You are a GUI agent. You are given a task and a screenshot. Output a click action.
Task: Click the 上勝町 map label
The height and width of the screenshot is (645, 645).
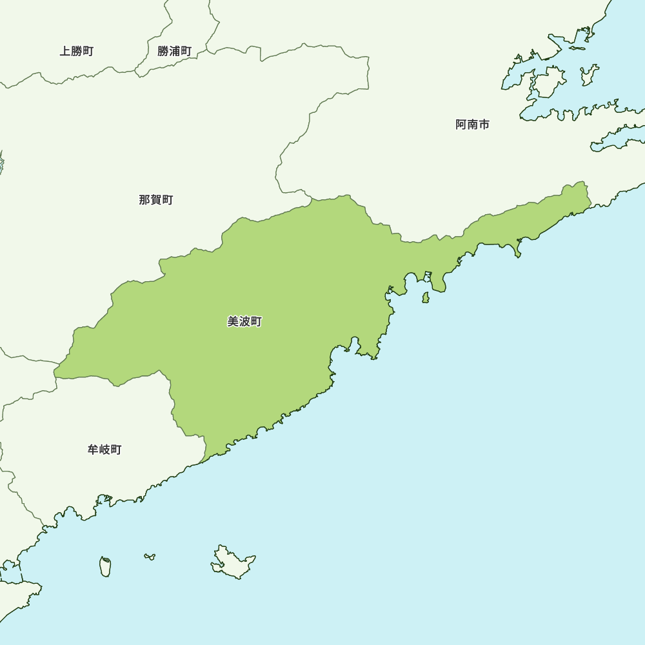pyautogui.click(x=77, y=52)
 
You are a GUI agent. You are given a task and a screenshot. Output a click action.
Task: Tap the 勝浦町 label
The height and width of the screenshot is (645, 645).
pyautogui.click(x=174, y=52)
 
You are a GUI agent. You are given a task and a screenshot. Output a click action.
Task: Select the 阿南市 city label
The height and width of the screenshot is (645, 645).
pyautogui.click(x=472, y=124)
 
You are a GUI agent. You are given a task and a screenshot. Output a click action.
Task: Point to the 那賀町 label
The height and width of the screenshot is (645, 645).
pyautogui.click(x=155, y=200)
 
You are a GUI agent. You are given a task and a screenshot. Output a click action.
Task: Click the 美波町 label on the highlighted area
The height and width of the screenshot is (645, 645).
pyautogui.click(x=244, y=321)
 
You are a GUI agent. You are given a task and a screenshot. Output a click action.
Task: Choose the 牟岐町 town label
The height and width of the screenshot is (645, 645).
pyautogui.click(x=104, y=450)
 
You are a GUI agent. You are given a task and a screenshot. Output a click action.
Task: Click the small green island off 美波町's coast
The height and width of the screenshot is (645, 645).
pyautogui.click(x=426, y=297)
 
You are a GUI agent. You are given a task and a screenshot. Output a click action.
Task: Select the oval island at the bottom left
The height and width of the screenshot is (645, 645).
pyautogui.click(x=105, y=567)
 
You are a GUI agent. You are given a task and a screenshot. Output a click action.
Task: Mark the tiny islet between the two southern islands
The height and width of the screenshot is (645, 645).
pyautogui.click(x=150, y=556)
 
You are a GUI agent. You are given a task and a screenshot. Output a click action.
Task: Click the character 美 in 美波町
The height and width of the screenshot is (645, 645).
pyautogui.click(x=233, y=321)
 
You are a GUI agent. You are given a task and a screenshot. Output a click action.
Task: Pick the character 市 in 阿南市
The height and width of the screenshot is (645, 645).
pyautogui.click(x=484, y=124)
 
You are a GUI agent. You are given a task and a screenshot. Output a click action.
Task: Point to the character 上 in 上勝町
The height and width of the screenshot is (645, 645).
pyautogui.click(x=65, y=52)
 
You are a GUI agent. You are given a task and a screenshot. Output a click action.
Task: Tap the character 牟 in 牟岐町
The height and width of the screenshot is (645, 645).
pyautogui.click(x=93, y=450)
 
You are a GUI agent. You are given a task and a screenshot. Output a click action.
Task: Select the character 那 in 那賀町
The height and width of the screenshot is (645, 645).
pyautogui.click(x=144, y=200)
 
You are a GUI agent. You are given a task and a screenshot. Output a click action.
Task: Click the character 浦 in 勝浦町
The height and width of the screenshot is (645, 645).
pyautogui.click(x=174, y=52)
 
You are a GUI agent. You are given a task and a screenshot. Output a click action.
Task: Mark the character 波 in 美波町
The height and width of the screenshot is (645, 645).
pyautogui.click(x=244, y=321)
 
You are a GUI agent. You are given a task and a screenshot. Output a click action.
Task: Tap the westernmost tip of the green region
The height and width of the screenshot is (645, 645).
pyautogui.click(x=54, y=372)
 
